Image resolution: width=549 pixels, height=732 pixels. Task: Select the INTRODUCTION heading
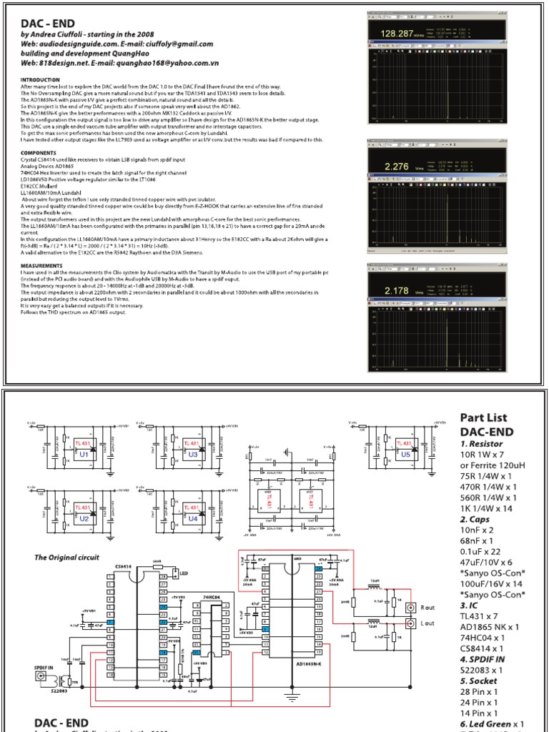coord(41,79)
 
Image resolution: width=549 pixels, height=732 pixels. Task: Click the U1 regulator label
coord(84,453)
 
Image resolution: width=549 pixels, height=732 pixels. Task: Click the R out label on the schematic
coord(427,607)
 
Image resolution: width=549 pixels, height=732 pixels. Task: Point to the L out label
coord(427,623)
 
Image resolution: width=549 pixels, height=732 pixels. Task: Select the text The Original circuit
coord(67,557)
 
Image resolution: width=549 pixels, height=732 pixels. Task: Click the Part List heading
coord(484,417)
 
